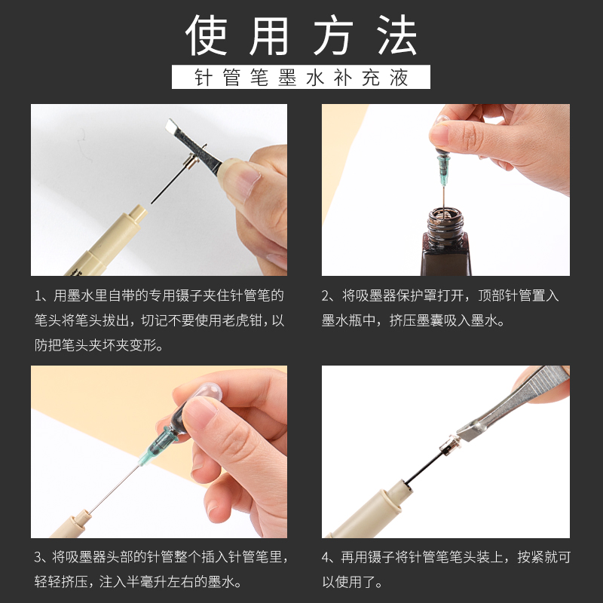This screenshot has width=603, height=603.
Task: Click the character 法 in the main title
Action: [x=397, y=35]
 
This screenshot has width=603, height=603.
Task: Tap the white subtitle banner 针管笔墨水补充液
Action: [x=301, y=78]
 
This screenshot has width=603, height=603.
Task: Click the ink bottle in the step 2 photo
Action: [x=444, y=241]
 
